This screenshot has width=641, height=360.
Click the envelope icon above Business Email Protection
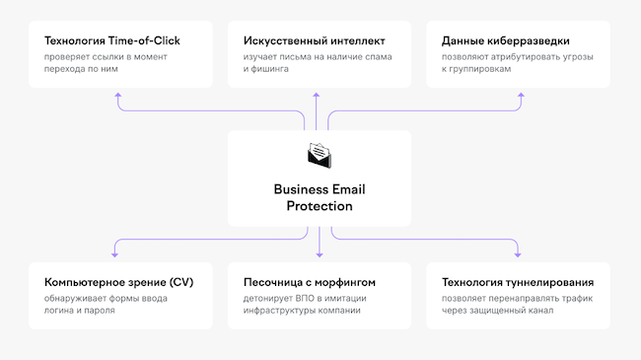[x=320, y=155]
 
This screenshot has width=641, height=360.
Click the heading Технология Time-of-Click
[x=112, y=41]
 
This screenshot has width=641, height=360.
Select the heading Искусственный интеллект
[x=314, y=41]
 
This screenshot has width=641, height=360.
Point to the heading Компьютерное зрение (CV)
[x=111, y=282]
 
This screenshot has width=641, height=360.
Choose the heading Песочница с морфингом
[x=309, y=282]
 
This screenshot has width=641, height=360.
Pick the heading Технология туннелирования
[x=517, y=282]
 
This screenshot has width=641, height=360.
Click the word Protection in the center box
[x=320, y=206]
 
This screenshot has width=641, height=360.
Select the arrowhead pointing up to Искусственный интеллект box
[x=317, y=96]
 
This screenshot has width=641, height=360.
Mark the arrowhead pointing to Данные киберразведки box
[x=522, y=96]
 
